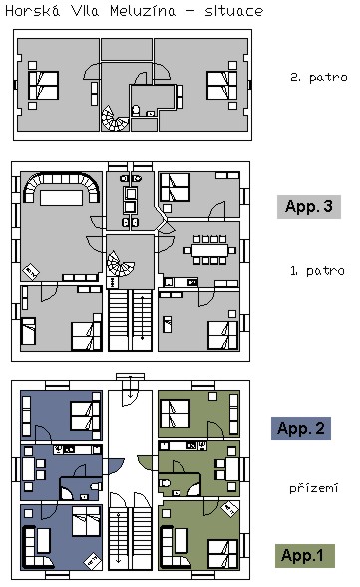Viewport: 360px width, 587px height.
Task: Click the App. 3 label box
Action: (309, 206)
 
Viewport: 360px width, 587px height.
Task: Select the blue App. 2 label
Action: (301, 428)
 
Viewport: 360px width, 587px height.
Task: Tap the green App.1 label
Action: (304, 555)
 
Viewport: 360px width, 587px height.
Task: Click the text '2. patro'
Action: (319, 78)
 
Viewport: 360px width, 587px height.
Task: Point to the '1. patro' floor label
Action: (317, 271)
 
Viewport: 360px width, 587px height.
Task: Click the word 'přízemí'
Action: (314, 488)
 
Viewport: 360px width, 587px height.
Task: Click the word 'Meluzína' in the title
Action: (143, 11)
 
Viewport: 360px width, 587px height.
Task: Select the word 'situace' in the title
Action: (234, 11)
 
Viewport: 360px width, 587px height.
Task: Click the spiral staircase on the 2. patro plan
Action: (115, 118)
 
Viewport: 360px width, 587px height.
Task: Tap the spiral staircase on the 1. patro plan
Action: (119, 263)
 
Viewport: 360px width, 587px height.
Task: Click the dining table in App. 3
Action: (209, 250)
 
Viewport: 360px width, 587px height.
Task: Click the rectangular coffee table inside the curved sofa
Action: (61, 198)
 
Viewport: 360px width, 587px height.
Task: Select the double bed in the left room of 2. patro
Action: (44, 86)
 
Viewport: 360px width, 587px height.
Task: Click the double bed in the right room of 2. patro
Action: (221, 86)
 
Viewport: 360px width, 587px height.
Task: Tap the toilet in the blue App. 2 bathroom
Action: (96, 486)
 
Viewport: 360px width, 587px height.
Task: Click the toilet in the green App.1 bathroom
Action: (165, 483)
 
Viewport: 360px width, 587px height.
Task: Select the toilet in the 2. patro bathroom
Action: (136, 110)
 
